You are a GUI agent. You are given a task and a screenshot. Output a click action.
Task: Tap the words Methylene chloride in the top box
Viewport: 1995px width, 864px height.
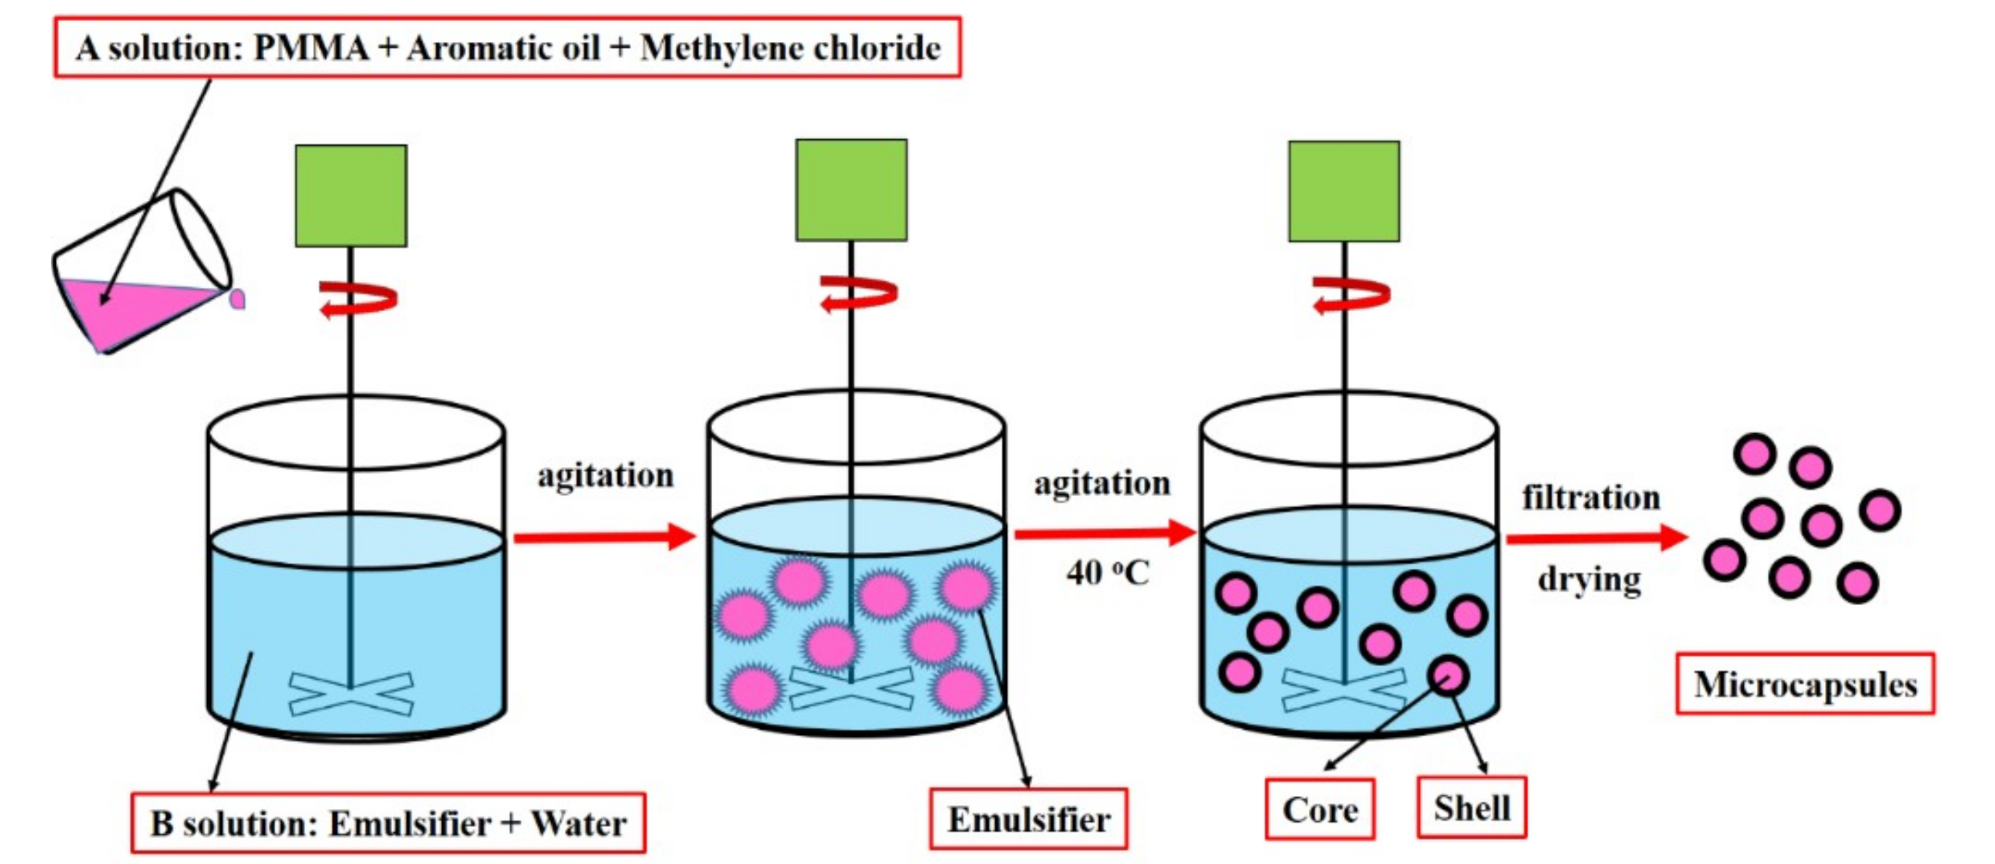790,48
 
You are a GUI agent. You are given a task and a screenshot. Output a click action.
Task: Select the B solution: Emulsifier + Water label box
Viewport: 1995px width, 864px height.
388,823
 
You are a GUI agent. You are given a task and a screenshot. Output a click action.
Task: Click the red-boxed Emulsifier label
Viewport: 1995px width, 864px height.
1029,819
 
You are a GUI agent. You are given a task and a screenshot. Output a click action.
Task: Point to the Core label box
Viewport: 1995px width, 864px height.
1320,810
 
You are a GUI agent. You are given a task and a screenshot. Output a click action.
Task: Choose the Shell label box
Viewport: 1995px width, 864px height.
1472,808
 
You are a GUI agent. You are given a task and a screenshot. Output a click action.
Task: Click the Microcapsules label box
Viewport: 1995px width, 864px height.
1806,684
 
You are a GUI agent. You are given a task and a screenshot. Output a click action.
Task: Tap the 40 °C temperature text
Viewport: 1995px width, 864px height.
1107,573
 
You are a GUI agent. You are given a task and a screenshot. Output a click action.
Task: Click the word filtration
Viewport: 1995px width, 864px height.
1591,497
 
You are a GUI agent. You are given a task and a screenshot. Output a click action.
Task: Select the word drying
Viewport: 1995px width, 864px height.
1589,579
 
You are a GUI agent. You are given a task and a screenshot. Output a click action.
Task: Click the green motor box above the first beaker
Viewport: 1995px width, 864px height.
351,196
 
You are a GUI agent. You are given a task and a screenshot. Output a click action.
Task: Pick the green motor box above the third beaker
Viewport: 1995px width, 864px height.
1344,192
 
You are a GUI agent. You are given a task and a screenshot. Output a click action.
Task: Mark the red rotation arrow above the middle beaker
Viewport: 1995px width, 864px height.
858,295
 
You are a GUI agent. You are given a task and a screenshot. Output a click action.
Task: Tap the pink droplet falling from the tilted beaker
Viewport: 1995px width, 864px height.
237,298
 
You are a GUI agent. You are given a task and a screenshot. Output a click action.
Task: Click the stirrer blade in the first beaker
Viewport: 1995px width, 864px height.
351,694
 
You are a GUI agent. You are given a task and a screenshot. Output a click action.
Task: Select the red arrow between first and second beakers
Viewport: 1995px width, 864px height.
604,537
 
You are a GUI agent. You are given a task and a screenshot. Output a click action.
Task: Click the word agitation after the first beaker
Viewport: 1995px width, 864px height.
605,475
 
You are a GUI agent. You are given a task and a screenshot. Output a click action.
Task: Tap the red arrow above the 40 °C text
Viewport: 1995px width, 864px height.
1104,532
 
